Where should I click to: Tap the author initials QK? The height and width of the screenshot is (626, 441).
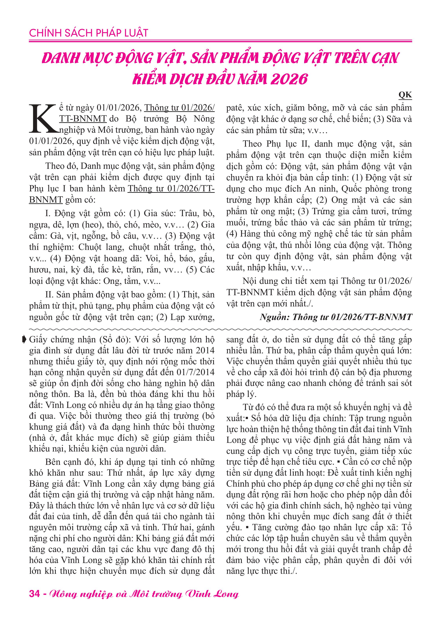pos(405,95)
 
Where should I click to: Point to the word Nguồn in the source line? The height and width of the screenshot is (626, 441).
pos(275,317)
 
